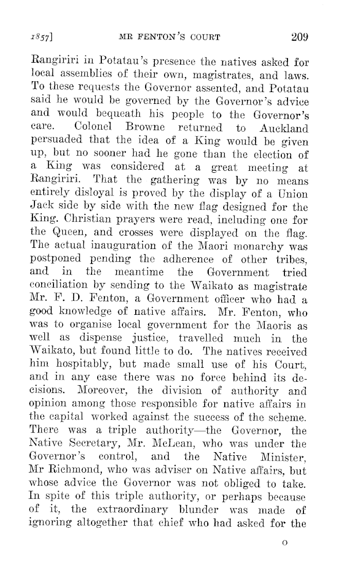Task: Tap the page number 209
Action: [x=299, y=37]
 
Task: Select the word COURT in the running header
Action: [x=203, y=37]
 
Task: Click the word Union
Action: [x=294, y=194]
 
